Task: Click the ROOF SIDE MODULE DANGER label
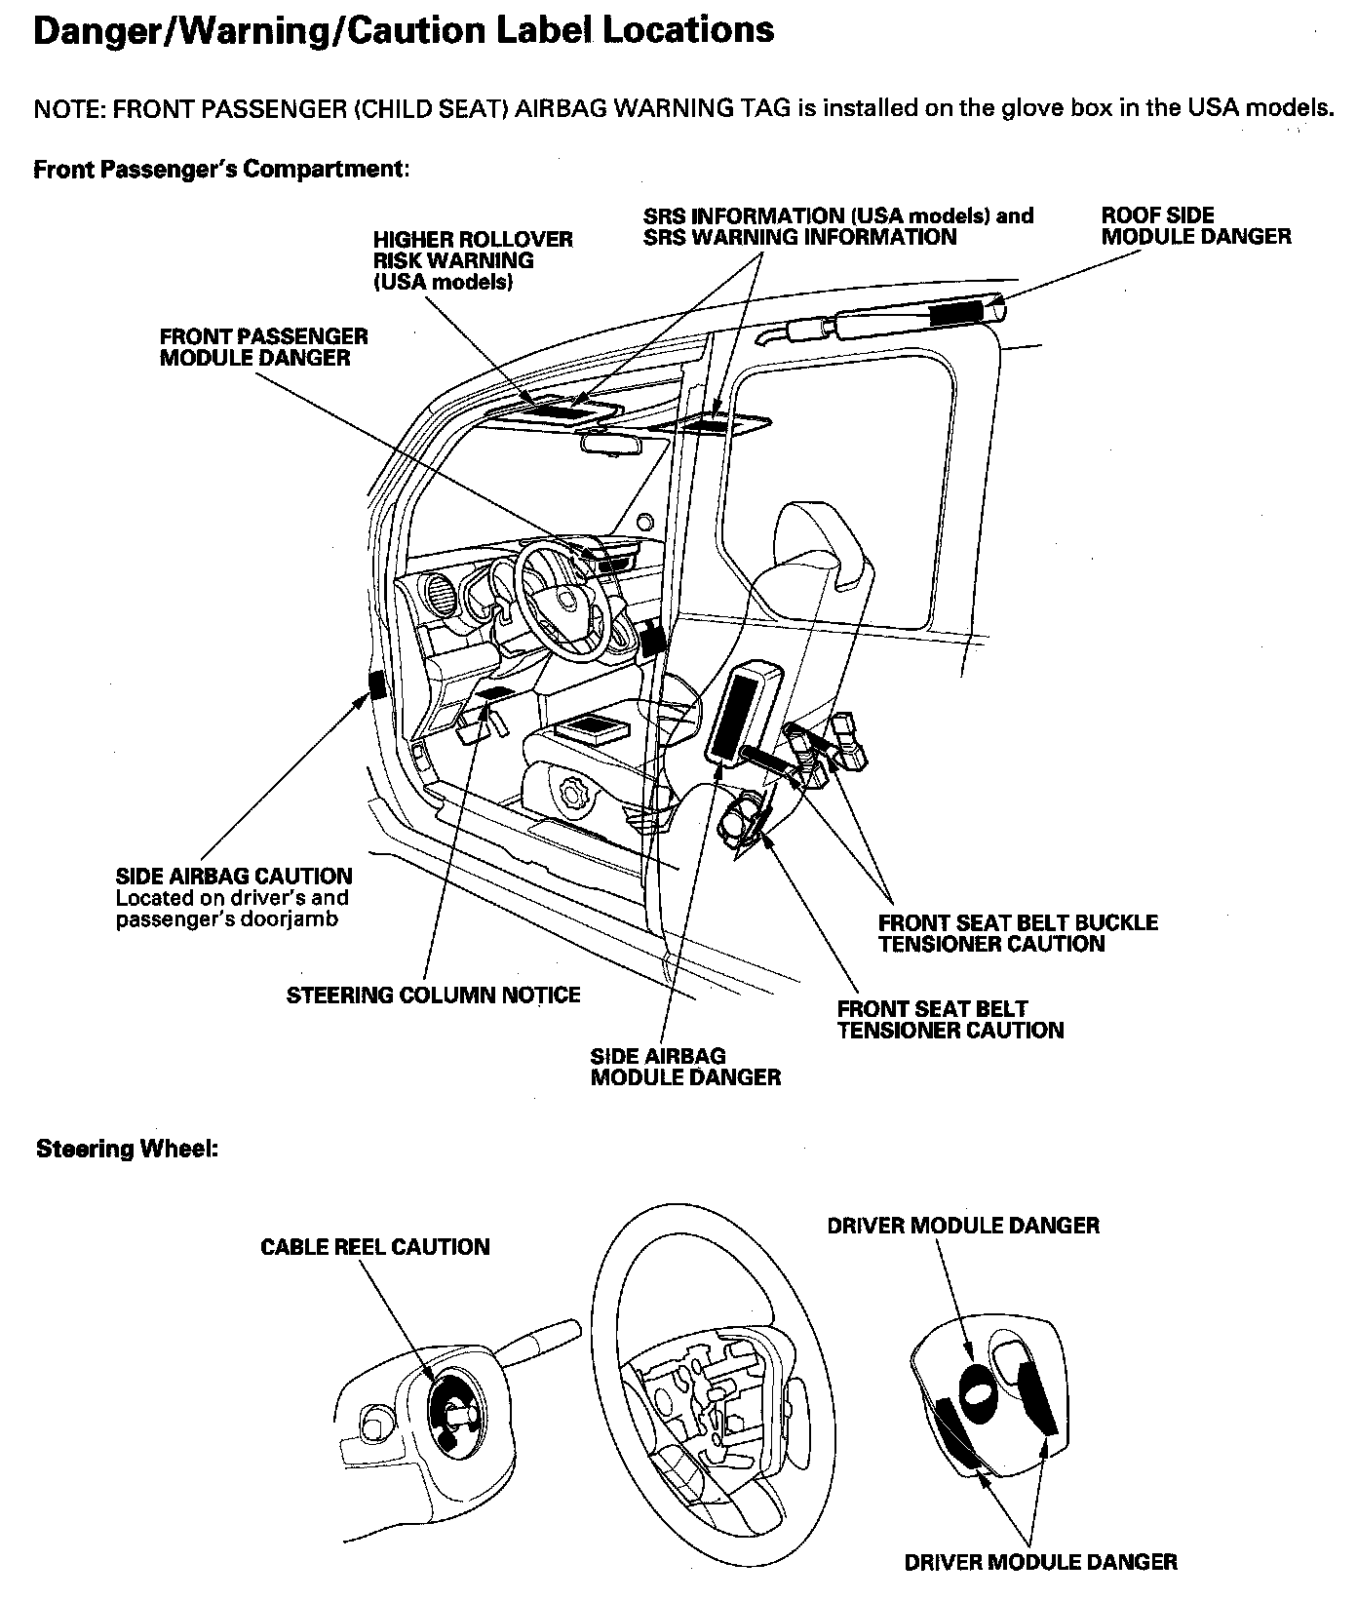click(x=1196, y=226)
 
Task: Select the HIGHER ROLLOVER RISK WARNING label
click(x=473, y=260)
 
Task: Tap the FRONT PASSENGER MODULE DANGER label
click(x=263, y=347)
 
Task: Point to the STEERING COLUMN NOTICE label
click(x=433, y=995)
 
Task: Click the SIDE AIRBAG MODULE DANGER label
click(x=685, y=1067)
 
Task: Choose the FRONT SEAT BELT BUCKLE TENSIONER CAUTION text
click(x=1017, y=933)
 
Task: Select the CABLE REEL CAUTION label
click(x=374, y=1247)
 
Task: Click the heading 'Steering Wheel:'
click(x=127, y=1149)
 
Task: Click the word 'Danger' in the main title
click(x=93, y=30)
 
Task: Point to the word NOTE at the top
click(x=68, y=108)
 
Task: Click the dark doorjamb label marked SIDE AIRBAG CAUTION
click(x=376, y=685)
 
